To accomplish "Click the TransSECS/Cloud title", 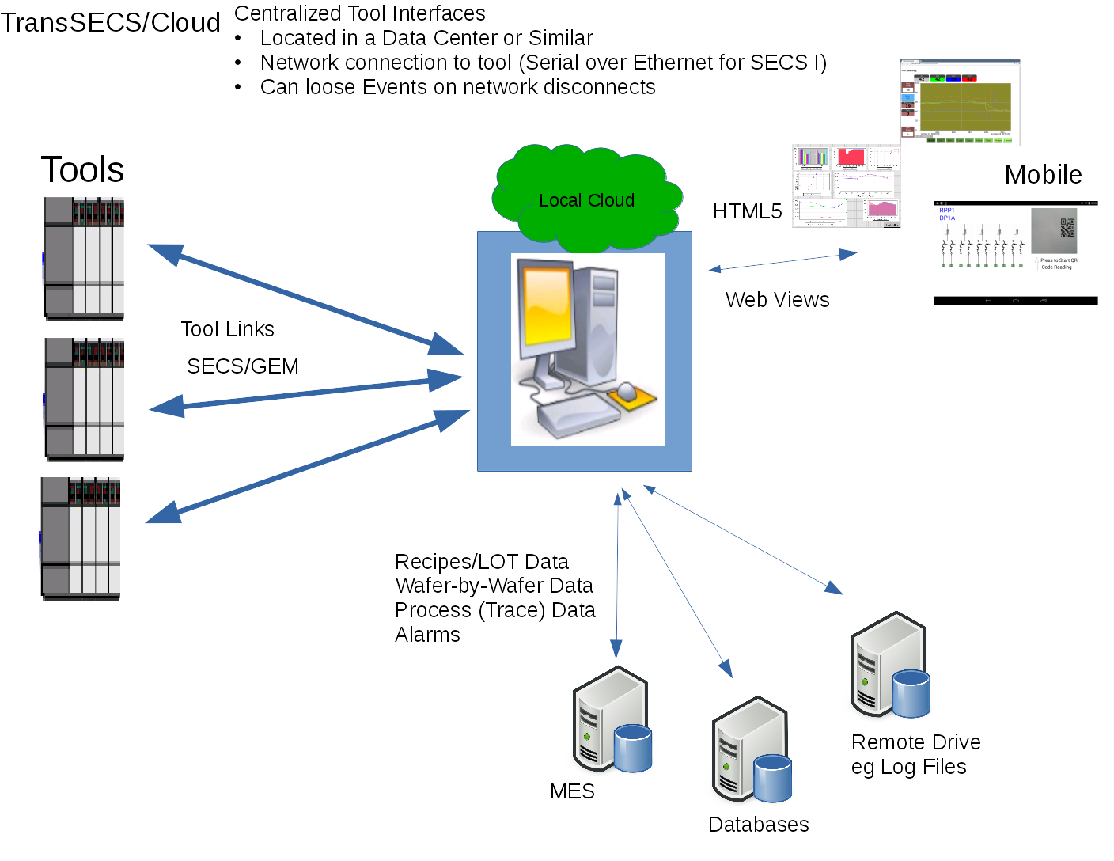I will pyautogui.click(x=110, y=23).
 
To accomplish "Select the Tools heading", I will pyautogui.click(x=82, y=170).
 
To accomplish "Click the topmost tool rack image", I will pyautogui.click(x=84, y=259).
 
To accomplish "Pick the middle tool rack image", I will pyautogui.click(x=84, y=400).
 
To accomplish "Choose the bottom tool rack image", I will pyautogui.click(x=81, y=538).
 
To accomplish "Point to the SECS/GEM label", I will pyautogui.click(x=242, y=366).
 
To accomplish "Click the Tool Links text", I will pyautogui.click(x=227, y=329).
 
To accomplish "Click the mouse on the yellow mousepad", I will pyautogui.click(x=627, y=391).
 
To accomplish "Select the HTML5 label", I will pyautogui.click(x=747, y=211).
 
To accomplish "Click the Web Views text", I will pyautogui.click(x=777, y=300).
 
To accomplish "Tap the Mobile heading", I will pyautogui.click(x=1043, y=175).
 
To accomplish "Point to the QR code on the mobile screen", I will pyautogui.click(x=1067, y=227).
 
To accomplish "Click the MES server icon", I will pyautogui.click(x=612, y=720).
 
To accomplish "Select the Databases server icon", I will pyautogui.click(x=751, y=750).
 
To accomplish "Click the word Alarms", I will pyautogui.click(x=427, y=635).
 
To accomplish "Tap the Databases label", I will pyautogui.click(x=758, y=825).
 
